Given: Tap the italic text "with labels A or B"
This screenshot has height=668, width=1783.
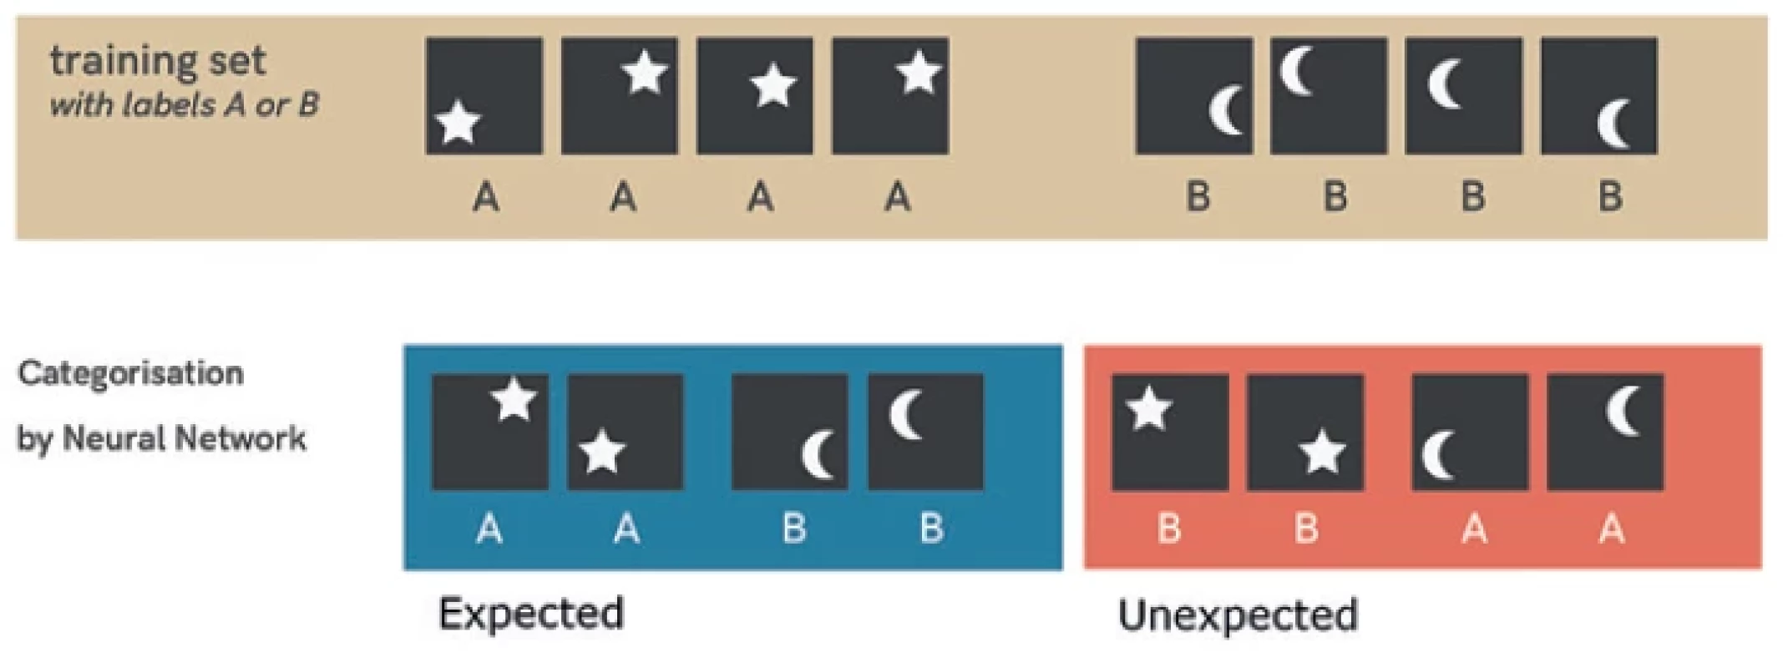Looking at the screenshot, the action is pos(185,105).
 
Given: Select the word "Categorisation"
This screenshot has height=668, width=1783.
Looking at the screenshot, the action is pos(131,373).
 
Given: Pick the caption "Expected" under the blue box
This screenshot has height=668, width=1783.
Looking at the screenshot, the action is pos(531,614).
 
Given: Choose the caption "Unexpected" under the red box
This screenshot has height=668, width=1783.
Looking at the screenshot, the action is pos(1238,615).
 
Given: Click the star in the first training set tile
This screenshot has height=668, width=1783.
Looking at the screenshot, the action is pos(458,123).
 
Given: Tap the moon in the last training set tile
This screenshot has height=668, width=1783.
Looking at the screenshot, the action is pos(1613,124).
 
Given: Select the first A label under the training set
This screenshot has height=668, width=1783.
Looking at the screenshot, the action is pos(486,198).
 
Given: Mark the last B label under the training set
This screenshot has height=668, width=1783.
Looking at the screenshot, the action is pos(1611,198).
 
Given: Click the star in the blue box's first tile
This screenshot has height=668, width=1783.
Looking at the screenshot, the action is pos(513,400).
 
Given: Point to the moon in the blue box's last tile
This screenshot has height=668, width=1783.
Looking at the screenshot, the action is pos(905,414).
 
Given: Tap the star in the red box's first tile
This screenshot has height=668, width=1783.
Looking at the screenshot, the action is pos(1149,409).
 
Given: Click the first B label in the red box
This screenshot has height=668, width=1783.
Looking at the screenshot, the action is pos(1169,529).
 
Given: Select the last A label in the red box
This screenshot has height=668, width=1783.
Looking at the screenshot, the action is pos(1612,529).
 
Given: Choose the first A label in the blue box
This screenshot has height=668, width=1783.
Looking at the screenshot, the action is pos(489,529).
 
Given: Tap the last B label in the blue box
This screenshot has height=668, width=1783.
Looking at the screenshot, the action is pos(931,529).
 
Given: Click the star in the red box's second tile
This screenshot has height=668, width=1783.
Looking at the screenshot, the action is pos(1322,453).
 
